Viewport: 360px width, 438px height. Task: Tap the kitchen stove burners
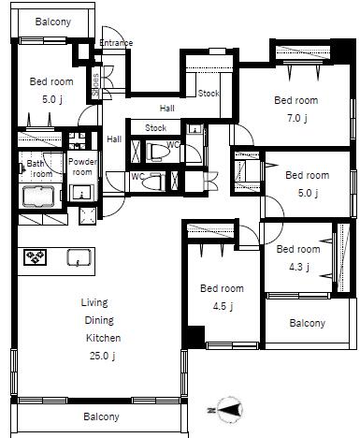click(x=36, y=257)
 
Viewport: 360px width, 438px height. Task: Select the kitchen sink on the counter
click(x=79, y=257)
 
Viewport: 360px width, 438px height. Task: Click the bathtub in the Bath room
click(x=38, y=196)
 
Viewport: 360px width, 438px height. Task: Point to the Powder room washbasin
click(x=82, y=192)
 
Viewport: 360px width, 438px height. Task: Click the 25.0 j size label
click(x=103, y=356)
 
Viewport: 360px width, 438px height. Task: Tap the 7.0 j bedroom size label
click(x=297, y=118)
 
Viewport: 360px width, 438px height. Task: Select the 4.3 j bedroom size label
click(x=299, y=267)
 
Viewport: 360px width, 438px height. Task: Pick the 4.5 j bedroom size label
click(x=223, y=306)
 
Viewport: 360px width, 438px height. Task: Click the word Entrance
click(x=116, y=43)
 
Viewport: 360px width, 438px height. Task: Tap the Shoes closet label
click(x=95, y=84)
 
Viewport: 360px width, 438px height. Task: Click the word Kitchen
click(x=103, y=338)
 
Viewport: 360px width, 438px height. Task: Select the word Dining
click(x=99, y=320)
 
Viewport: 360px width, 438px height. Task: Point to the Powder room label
click(x=82, y=167)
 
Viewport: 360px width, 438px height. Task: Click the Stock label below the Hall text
click(x=156, y=127)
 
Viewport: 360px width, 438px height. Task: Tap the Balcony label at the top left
click(x=53, y=22)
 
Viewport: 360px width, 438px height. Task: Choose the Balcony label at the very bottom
click(x=101, y=416)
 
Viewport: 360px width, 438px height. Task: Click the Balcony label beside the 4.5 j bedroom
click(x=308, y=323)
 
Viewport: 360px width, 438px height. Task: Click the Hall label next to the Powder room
click(x=114, y=139)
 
